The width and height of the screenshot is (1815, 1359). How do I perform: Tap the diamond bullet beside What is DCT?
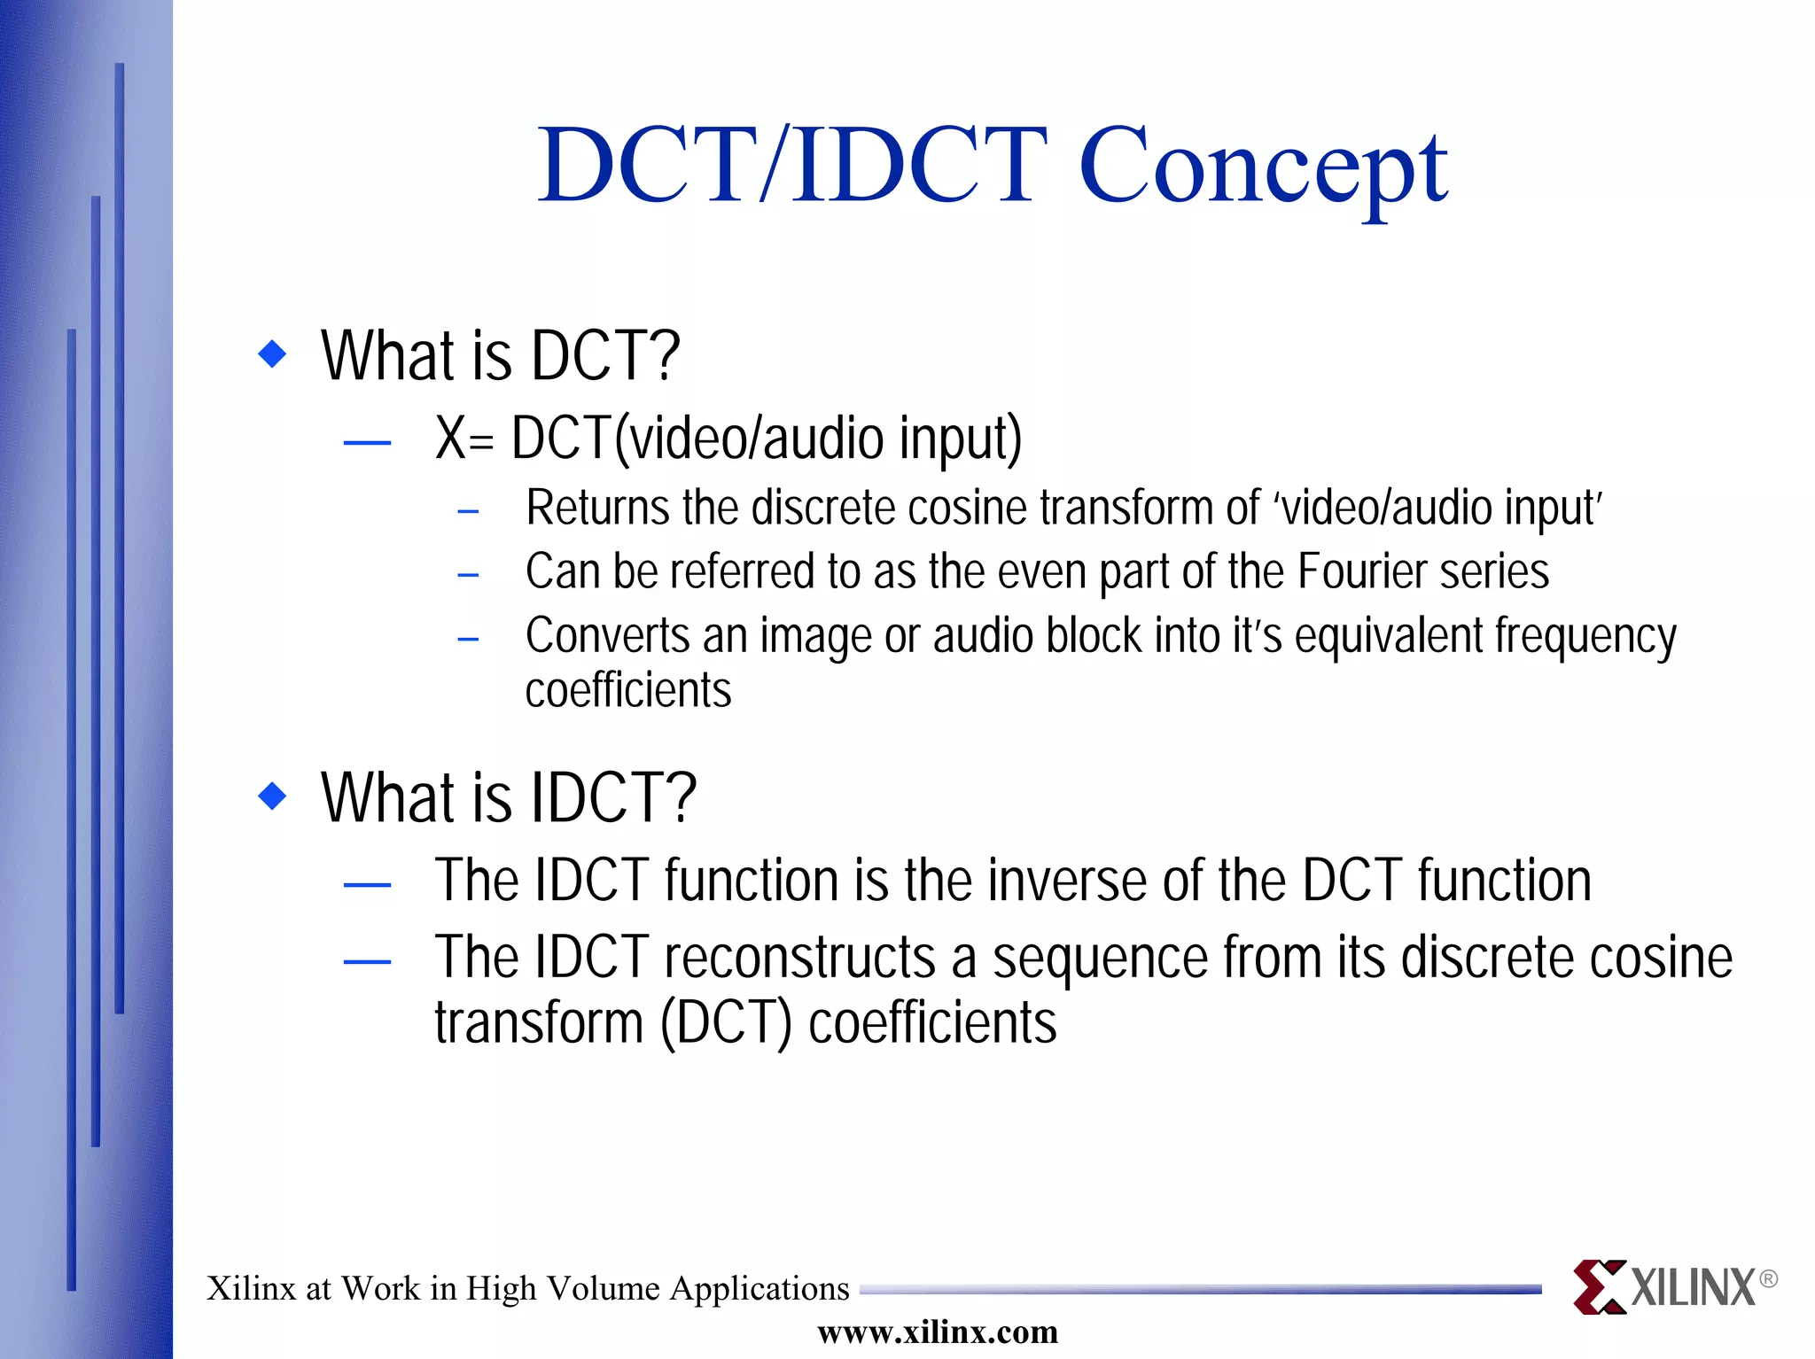coord(272,354)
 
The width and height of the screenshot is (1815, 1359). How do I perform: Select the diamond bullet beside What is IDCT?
coord(272,796)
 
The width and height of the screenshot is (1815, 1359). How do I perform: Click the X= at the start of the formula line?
coord(463,439)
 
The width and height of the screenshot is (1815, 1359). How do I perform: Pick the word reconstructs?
coord(799,959)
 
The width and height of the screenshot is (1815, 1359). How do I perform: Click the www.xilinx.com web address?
coord(938,1332)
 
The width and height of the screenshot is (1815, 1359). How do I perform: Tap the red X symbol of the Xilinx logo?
coord(1599,1286)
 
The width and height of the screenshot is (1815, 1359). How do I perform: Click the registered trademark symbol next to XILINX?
coord(1768,1278)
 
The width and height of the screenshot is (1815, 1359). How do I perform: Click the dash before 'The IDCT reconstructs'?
coord(367,961)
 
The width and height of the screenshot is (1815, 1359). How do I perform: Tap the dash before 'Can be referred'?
coord(468,576)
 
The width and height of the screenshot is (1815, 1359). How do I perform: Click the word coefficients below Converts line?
coord(628,691)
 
